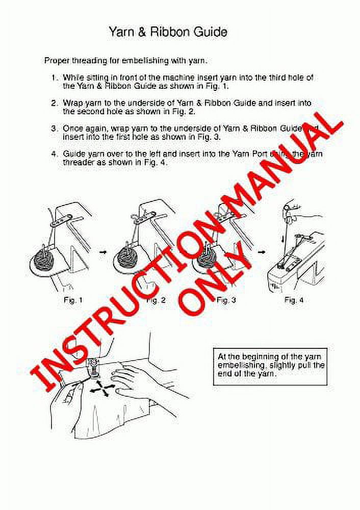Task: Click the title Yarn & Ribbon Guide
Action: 168,32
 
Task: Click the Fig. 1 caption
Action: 72,300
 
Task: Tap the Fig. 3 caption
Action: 226,300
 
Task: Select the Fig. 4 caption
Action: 294,300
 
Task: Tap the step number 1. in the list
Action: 54,78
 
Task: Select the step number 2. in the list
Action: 54,103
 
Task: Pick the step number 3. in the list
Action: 54,129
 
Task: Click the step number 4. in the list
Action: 54,154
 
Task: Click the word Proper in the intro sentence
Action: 57,61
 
